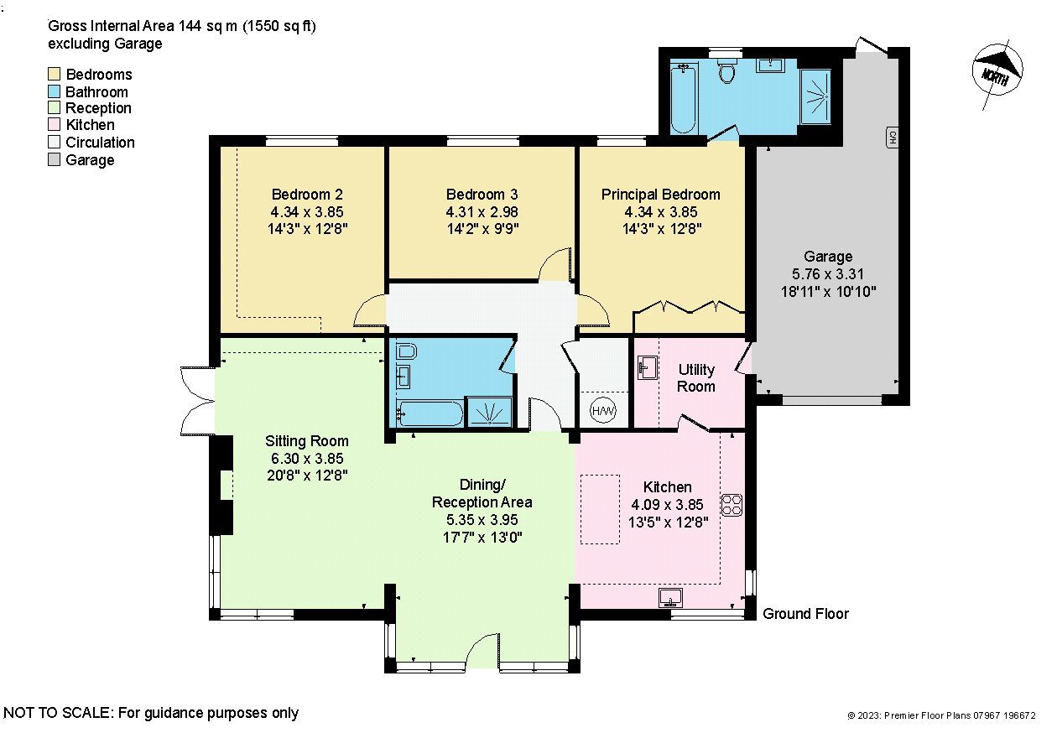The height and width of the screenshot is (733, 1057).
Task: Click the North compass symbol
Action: (x=1000, y=72)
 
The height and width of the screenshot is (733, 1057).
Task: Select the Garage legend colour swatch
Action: (x=55, y=160)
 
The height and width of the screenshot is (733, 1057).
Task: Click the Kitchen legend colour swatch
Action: (x=55, y=126)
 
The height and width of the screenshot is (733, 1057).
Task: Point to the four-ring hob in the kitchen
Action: (x=732, y=505)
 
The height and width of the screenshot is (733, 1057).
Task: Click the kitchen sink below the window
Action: (x=670, y=597)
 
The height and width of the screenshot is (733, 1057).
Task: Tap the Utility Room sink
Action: (x=647, y=367)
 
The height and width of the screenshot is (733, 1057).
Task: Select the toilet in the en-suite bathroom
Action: (x=726, y=72)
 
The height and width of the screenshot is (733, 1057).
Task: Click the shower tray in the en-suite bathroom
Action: (x=815, y=96)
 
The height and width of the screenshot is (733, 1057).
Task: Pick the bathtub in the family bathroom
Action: (x=430, y=413)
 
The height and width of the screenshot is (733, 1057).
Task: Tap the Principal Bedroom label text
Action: (x=660, y=195)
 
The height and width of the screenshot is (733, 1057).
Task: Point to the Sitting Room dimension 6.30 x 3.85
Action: (x=307, y=459)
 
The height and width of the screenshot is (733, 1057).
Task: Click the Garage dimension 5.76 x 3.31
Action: (x=828, y=274)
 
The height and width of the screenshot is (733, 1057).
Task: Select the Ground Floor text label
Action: (x=805, y=614)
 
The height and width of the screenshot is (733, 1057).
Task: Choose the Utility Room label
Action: (x=696, y=378)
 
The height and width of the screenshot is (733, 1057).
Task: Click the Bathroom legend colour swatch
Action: (x=55, y=91)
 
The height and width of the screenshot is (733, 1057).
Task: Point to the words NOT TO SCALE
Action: (x=57, y=714)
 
